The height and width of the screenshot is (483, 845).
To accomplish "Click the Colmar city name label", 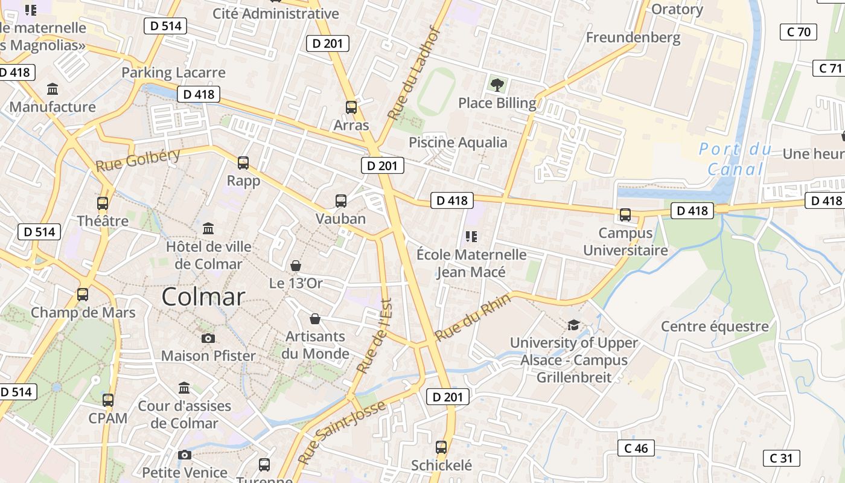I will tap(203, 297).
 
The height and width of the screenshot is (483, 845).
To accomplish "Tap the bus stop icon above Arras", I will tap(351, 107).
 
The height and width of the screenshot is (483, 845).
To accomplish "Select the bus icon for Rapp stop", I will tap(243, 163).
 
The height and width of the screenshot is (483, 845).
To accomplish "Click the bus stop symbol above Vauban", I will tap(341, 201).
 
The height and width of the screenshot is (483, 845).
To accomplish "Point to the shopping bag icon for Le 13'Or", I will tap(296, 266).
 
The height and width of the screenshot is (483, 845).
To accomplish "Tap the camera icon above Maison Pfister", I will tap(208, 338).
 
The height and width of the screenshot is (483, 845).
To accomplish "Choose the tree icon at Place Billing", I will tap(497, 85).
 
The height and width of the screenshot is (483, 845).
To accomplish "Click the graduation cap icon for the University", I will tap(573, 325).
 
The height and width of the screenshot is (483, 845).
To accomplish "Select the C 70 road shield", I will tap(799, 32).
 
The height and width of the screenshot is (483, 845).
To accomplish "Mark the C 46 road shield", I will tap(636, 448).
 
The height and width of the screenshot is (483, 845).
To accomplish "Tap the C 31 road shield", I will tap(781, 458).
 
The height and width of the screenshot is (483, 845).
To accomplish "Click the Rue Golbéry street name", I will tap(138, 160).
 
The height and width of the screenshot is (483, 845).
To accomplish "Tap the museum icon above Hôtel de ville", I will tap(209, 229).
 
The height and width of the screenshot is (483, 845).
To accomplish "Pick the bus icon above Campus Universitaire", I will tap(625, 215).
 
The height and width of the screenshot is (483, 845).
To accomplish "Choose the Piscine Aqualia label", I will tap(458, 142).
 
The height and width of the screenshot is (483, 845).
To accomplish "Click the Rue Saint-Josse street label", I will tap(342, 432).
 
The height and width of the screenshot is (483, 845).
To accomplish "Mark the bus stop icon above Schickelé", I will tap(441, 447).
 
